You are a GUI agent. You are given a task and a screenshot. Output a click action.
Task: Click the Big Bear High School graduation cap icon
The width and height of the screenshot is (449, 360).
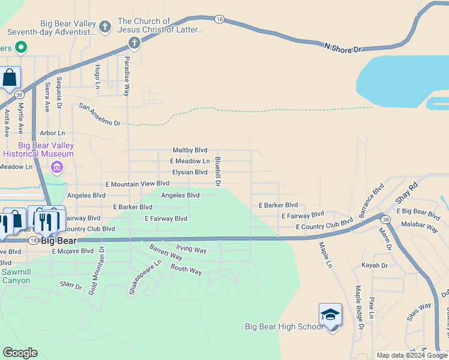330,315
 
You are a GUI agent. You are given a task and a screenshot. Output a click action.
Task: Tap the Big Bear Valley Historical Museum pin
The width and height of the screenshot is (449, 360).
57,167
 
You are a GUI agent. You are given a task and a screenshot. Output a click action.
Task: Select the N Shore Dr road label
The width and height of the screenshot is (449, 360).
343,47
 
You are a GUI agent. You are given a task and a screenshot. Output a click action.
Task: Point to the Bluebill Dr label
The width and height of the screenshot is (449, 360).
218,171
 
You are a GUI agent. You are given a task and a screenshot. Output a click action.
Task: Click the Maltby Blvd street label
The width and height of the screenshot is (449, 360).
190,150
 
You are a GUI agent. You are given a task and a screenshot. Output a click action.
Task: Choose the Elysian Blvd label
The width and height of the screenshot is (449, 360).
189,172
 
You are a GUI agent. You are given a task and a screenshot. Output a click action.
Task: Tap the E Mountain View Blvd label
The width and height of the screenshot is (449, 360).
137,184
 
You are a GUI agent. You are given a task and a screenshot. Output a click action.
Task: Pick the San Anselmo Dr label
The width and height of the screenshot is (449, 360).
100,114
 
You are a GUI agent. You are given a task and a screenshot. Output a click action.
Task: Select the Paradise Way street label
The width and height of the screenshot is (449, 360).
127,77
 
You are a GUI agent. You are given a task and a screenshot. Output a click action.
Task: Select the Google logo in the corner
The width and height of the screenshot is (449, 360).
20,353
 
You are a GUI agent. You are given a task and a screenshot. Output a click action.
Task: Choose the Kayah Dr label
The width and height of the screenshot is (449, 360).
375,265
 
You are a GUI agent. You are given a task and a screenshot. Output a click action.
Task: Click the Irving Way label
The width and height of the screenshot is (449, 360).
191,248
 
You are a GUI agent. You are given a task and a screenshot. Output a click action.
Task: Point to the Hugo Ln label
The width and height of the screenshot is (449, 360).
97,77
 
